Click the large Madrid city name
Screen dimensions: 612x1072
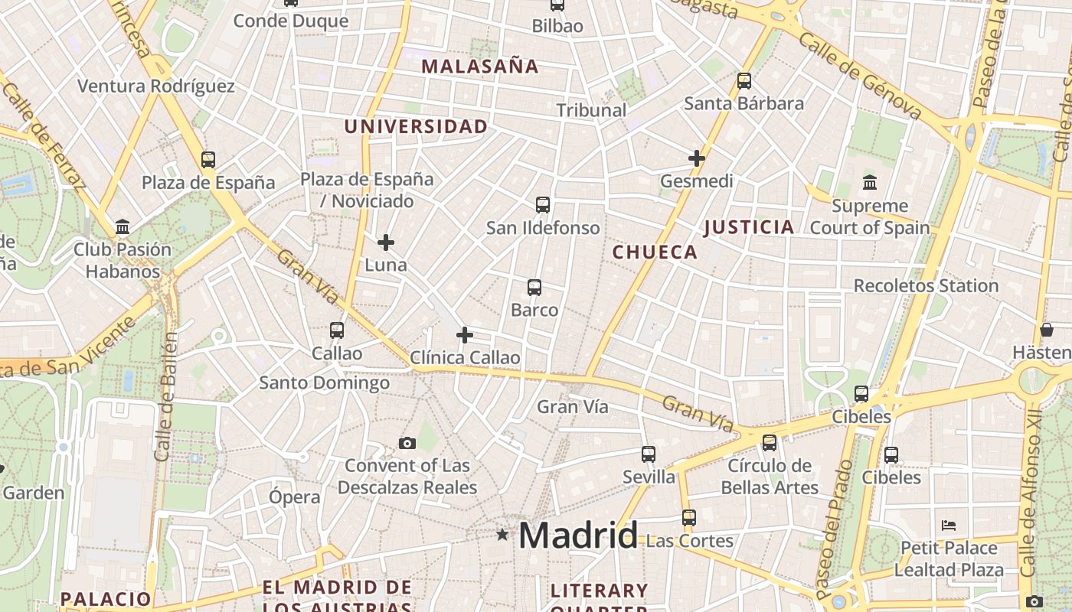578,535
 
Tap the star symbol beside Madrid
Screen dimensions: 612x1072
502,535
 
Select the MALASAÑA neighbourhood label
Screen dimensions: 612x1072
480,67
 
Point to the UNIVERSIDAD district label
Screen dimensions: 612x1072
416,127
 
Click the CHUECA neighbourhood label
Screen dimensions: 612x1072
655,252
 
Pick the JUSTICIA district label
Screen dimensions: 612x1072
749,227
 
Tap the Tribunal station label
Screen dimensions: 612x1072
591,110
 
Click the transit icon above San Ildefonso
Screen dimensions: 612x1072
543,204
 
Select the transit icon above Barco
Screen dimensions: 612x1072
534,288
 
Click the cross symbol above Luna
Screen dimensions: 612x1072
386,243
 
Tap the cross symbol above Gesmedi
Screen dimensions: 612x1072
697,158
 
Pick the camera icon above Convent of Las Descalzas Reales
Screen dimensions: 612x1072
407,443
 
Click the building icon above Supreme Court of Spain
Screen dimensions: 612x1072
870,183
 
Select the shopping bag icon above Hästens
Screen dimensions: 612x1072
1047,330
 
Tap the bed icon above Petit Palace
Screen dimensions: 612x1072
949,526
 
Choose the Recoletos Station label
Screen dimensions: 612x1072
926,286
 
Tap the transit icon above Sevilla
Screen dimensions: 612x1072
649,454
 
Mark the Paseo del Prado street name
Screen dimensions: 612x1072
834,528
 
